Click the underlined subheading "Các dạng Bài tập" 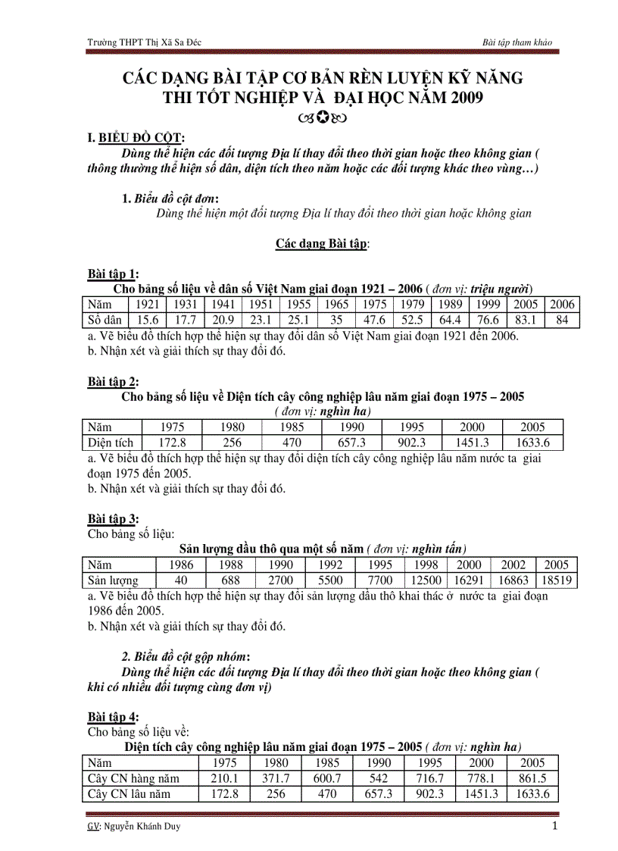tap(322, 244)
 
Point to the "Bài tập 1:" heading tap(113, 274)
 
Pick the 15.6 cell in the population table tap(147, 320)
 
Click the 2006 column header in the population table tap(562, 305)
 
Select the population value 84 tap(562, 320)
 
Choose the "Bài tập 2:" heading tap(113, 381)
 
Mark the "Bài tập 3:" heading tap(113, 519)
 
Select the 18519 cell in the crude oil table tap(557, 580)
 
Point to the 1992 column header tap(330, 565)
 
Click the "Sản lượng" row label tap(113, 580)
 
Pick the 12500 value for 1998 tap(425, 580)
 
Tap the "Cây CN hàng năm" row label tap(133, 778)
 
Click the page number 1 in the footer tap(554, 826)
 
